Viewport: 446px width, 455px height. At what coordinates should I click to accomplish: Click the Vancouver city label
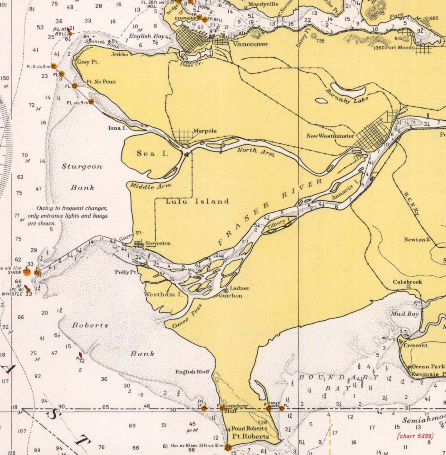tap(250, 44)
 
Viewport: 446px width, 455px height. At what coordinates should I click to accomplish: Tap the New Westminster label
tap(330, 136)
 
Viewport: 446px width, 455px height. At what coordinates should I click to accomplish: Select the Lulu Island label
tap(197, 201)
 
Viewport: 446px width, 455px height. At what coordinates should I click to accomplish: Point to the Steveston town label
tap(158, 243)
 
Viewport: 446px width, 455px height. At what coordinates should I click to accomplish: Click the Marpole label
tap(205, 131)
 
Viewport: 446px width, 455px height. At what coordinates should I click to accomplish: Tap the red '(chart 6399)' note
tap(415, 436)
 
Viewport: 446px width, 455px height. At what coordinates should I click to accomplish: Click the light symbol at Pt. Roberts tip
tap(228, 447)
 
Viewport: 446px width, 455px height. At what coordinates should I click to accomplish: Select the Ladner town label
tap(240, 288)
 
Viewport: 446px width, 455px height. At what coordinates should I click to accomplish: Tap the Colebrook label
tap(407, 282)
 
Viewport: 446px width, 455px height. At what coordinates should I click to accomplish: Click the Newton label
tap(415, 240)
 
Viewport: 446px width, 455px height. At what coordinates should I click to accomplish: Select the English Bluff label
tap(192, 372)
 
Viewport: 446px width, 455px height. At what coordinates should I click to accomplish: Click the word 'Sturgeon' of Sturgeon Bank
tap(82, 167)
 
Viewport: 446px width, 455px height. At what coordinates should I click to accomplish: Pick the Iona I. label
tap(117, 128)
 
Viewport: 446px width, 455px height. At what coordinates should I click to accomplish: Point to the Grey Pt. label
tap(88, 62)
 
